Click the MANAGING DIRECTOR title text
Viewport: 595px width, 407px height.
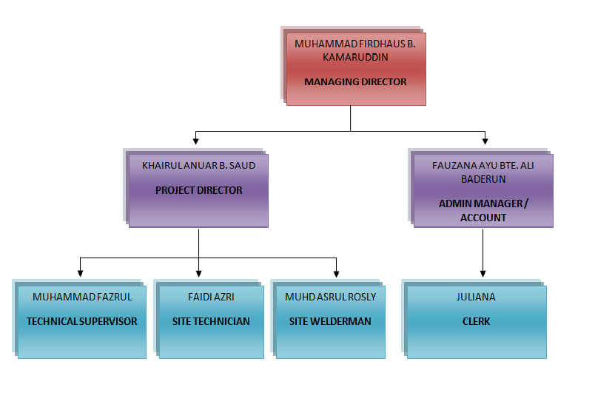pyautogui.click(x=355, y=81)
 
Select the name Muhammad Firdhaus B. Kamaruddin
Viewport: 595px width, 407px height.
pyautogui.click(x=355, y=50)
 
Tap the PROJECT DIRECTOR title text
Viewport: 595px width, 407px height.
pyautogui.click(x=198, y=190)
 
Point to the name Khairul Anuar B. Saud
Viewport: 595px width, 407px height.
pyautogui.click(x=198, y=166)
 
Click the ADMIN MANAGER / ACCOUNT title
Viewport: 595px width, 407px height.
pyautogui.click(x=483, y=210)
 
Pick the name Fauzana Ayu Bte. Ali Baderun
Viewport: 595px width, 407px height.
pyautogui.click(x=483, y=172)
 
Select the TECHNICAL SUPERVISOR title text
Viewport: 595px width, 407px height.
pyautogui.click(x=82, y=321)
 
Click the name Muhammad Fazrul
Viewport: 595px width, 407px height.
pyautogui.click(x=82, y=297)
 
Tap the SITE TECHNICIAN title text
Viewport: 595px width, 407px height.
pyautogui.click(x=211, y=321)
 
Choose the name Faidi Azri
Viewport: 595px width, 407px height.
pyautogui.click(x=211, y=297)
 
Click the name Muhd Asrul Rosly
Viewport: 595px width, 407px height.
pyautogui.click(x=330, y=297)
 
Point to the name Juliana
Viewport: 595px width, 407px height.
pyautogui.click(x=476, y=297)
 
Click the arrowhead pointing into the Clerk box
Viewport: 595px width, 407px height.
pyautogui.click(x=483, y=272)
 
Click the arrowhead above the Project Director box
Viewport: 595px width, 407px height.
pyautogui.click(x=195, y=141)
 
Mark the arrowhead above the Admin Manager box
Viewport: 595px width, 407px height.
pyautogui.click(x=485, y=141)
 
